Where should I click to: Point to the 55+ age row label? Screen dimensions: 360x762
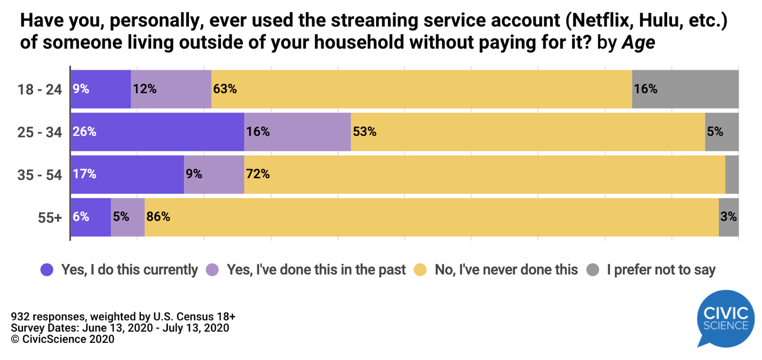50,217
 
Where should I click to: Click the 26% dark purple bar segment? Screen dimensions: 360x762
157,132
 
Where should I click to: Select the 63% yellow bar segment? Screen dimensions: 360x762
421,89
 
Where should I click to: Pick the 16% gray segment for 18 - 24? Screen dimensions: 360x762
685,89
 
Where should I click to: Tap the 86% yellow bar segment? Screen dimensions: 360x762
431,217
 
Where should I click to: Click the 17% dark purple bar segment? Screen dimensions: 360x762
128,174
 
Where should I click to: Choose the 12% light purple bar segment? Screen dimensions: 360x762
171,89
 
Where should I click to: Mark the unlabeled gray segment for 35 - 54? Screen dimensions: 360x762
732,174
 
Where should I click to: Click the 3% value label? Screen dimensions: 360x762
729,217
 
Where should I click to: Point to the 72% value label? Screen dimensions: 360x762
258,174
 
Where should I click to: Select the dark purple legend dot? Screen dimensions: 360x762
47,270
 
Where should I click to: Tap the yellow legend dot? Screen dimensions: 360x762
421,270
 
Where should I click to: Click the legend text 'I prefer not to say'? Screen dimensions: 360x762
661,270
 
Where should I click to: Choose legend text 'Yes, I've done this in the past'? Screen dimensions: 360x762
316,270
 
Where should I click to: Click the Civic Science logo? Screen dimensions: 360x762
725,318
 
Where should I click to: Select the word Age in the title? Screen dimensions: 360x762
638,43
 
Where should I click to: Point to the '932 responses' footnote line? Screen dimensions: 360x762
123,316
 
